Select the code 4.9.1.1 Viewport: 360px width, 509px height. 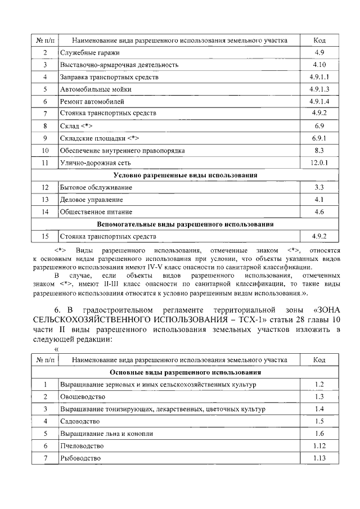click(x=318, y=76)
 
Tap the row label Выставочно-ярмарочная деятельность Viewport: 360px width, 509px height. click(x=119, y=65)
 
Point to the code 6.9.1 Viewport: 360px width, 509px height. click(x=318, y=138)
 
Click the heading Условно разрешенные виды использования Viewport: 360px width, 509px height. click(x=185, y=175)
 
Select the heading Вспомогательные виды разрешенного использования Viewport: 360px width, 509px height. click(x=185, y=224)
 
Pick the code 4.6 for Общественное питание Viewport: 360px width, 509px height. click(x=318, y=211)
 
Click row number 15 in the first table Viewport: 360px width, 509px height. click(x=45, y=236)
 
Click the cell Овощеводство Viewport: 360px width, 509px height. click(x=83, y=397)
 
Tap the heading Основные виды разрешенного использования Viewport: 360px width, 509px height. click(x=185, y=372)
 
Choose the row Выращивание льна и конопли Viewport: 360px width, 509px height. click(x=106, y=434)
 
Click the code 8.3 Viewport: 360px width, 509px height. click(x=318, y=151)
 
